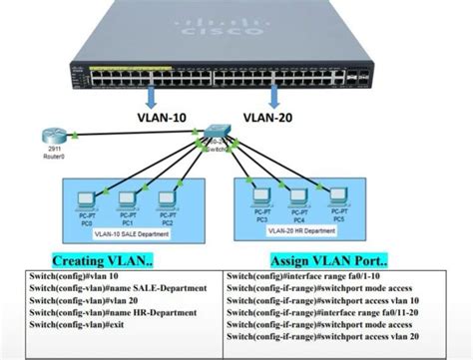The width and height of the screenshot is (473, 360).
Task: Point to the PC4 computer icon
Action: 298,195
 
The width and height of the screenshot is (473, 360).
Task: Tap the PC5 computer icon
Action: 337,195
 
